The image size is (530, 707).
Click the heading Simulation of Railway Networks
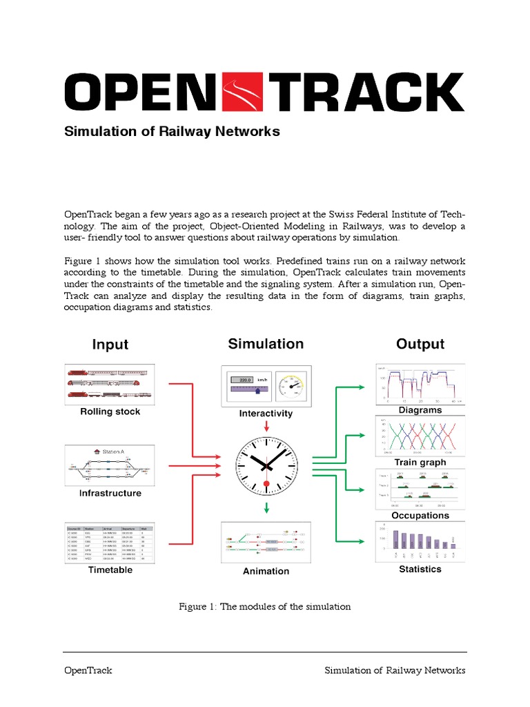172,131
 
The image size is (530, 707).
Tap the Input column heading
110,344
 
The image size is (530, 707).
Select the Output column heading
420,344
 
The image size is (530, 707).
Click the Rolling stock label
110,411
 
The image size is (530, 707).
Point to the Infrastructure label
110,493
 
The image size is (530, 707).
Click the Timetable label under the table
110,570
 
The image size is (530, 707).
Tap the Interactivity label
266,414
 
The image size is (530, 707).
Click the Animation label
266,571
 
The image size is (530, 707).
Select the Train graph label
420,462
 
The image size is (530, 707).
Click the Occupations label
420,515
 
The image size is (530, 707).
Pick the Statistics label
420,569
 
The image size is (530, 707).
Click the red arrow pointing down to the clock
266,427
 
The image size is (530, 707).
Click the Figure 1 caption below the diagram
265,607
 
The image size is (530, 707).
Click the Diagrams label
420,409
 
